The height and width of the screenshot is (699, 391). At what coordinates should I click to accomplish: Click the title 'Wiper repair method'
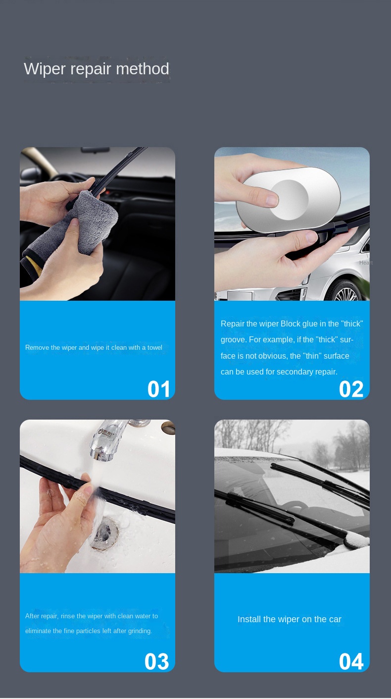(97, 69)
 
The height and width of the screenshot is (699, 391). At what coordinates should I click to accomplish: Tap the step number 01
(159, 389)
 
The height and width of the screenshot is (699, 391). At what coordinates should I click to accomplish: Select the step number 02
(351, 389)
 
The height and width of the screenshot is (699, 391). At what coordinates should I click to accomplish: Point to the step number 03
(157, 662)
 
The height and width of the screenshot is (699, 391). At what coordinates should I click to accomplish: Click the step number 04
(351, 662)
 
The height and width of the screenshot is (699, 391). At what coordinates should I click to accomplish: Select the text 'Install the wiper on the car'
(290, 619)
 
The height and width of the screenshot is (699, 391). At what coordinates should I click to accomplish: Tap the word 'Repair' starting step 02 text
(232, 324)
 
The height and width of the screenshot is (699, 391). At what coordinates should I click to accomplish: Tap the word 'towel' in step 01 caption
(154, 348)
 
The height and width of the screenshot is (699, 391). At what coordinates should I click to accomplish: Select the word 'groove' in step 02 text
(233, 340)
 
